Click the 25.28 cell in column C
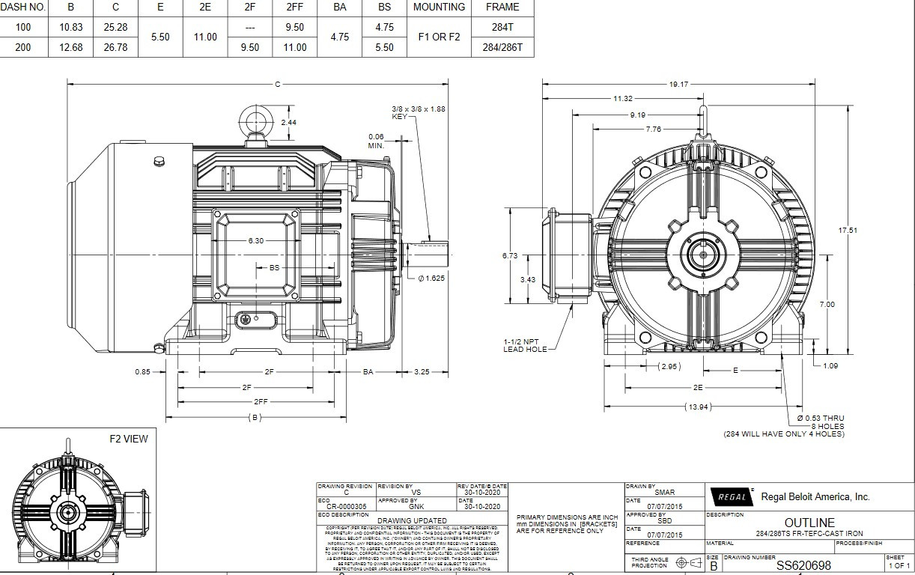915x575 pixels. point(115,27)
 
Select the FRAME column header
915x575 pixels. point(502,7)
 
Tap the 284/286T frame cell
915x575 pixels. point(502,47)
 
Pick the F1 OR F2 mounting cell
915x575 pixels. point(439,37)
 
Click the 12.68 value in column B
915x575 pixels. point(70,47)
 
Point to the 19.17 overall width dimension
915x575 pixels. point(678,85)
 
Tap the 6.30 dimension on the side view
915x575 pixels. point(256,241)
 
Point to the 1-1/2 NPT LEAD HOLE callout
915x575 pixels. point(525,345)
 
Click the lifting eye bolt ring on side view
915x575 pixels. point(252,120)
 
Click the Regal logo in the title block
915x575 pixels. point(731,497)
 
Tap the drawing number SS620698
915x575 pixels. point(803,565)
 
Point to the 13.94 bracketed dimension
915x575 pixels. point(698,407)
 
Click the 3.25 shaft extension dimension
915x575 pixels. point(422,371)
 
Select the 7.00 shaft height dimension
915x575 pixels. point(827,305)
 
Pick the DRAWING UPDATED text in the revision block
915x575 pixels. point(412,520)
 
